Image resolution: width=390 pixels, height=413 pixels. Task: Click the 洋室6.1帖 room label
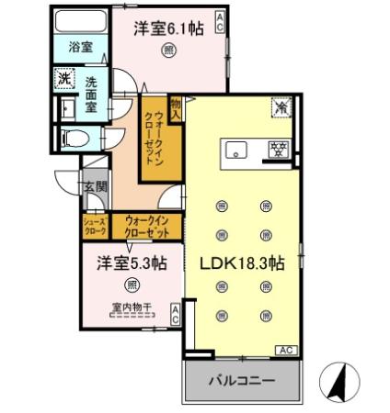[168, 28]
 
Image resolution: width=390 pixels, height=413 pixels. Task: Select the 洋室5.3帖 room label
[132, 263]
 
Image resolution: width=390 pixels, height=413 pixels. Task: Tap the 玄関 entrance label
[96, 187]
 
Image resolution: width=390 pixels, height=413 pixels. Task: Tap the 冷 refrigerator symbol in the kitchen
[279, 107]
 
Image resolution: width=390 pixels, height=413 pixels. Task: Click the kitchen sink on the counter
[235, 151]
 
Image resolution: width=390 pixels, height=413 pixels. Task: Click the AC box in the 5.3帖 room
[175, 316]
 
